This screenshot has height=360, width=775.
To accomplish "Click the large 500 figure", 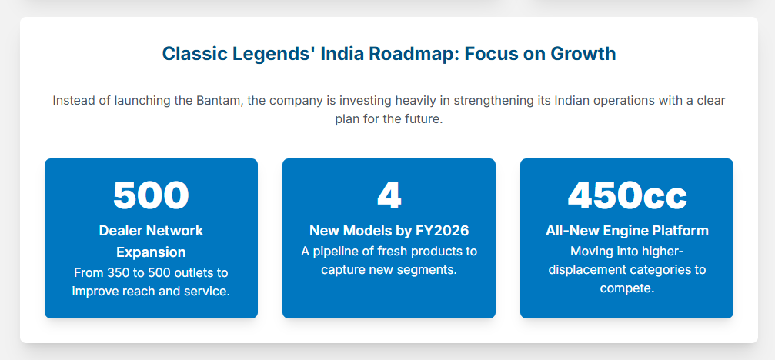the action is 151,195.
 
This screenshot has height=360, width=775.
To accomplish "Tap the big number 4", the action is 389,195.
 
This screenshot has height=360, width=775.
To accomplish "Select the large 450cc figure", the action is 626,195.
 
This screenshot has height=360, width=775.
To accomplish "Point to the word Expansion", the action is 151,252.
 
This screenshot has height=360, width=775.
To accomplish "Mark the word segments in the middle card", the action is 431,270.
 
